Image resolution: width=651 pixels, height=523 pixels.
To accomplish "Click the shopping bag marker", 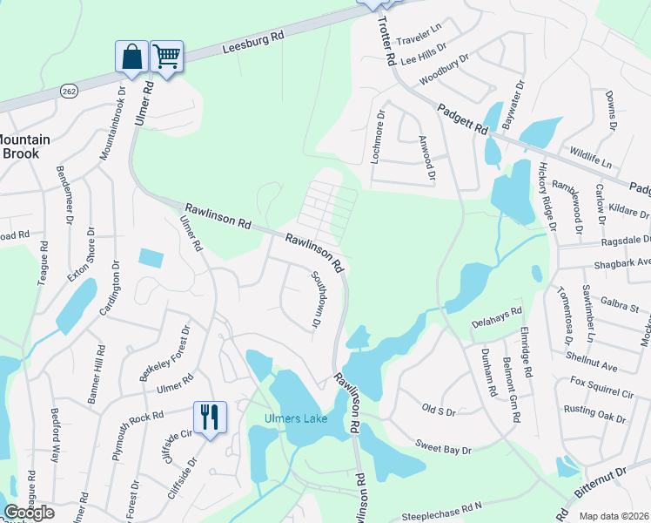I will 131,58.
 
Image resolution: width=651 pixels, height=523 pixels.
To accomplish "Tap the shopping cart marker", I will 166,58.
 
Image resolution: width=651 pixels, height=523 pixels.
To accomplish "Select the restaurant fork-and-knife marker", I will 209,417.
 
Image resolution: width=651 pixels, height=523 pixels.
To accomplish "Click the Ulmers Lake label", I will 296,419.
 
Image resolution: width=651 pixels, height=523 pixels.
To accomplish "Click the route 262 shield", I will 69,91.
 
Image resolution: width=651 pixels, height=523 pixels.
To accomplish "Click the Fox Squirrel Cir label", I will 601,381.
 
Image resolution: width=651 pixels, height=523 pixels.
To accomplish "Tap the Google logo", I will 29,513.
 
